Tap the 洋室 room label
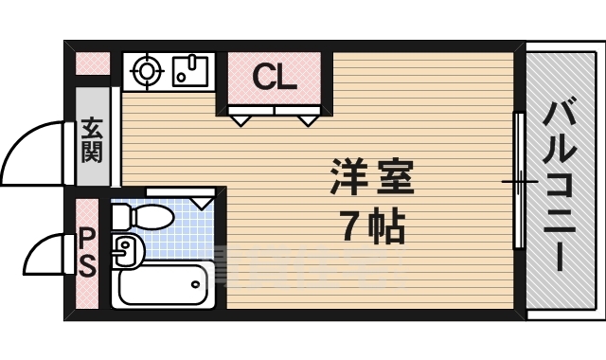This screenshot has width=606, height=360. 371,178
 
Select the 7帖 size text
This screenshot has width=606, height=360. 371,225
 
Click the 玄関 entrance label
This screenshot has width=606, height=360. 92,138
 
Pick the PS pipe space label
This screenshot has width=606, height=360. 86,252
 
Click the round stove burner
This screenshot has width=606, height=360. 148,71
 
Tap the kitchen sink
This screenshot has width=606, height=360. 192,71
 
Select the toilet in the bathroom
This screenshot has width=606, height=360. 141,218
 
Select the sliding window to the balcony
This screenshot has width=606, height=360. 518,180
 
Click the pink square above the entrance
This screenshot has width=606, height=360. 93,64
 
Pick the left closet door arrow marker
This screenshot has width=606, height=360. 241,119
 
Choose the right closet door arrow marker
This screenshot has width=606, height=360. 309,119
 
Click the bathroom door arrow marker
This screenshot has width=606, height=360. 202,202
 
